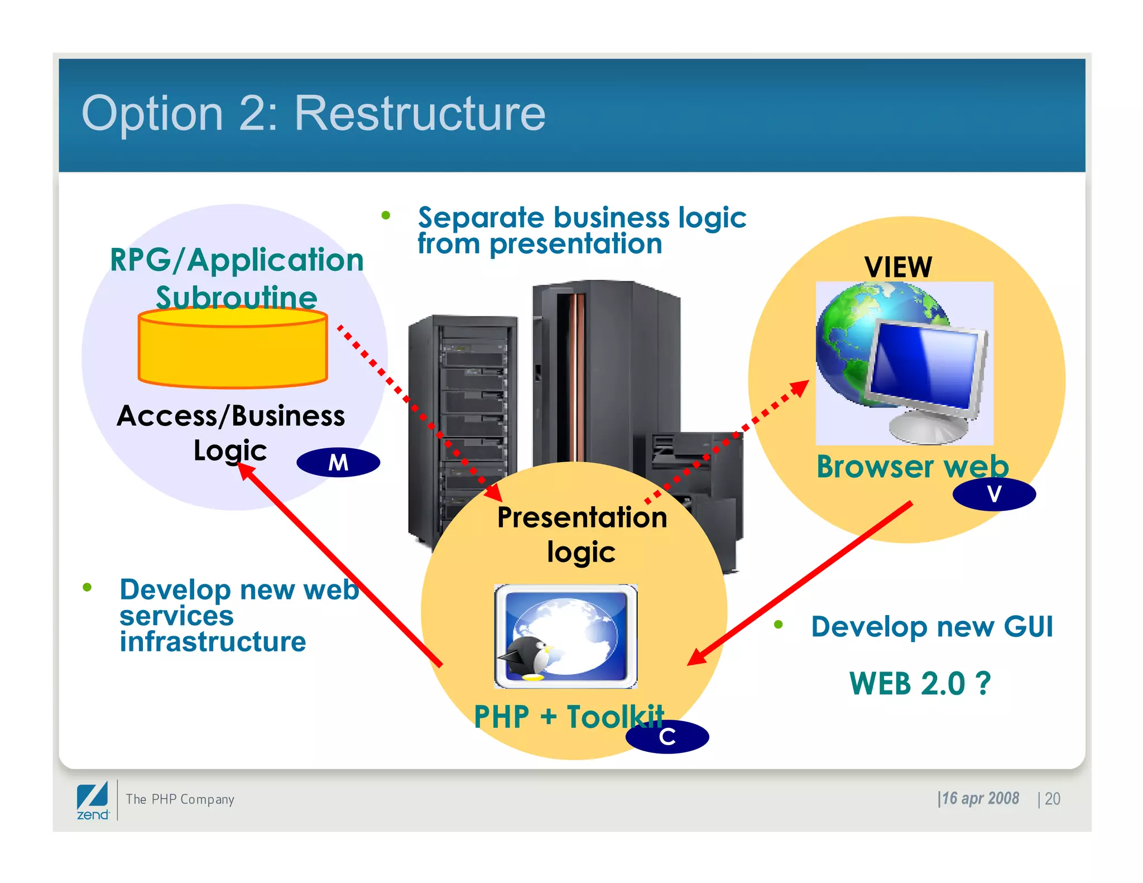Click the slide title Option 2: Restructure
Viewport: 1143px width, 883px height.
313,113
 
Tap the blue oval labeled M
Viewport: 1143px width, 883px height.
338,462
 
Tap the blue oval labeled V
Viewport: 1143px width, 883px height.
994,494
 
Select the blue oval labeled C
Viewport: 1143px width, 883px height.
667,737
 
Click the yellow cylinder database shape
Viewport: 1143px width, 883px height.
233,349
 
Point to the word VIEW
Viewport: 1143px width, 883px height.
898,267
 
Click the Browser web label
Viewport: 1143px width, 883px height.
912,467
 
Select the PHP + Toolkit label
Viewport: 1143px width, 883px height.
569,716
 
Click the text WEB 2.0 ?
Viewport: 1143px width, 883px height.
920,683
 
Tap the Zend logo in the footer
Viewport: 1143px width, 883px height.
93,801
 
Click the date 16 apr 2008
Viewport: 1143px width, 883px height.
979,798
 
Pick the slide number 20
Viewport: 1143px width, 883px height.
1052,799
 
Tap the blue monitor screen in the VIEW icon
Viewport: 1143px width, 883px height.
924,363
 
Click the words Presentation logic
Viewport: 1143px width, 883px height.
582,534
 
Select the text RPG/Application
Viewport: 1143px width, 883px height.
237,260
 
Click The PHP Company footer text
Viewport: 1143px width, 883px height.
180,799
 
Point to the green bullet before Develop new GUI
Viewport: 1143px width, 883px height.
779,625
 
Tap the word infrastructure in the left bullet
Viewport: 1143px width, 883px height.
213,641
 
